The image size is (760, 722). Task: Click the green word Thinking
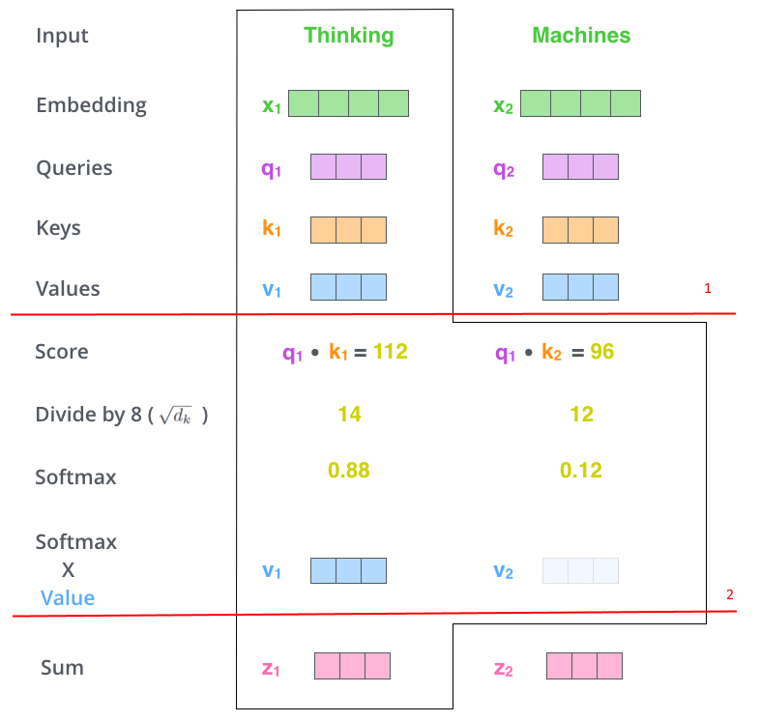click(x=348, y=36)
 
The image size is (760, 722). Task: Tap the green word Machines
click(x=581, y=35)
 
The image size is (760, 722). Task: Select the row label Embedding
click(x=91, y=105)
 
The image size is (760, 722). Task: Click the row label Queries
click(x=74, y=168)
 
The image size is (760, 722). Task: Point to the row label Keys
click(x=58, y=228)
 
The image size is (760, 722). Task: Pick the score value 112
click(x=391, y=351)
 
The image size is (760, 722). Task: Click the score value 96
click(x=602, y=351)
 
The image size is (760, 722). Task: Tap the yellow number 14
click(x=349, y=415)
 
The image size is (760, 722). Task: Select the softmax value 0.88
click(x=348, y=470)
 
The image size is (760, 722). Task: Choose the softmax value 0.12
click(x=581, y=470)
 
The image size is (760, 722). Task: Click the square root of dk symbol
click(x=175, y=416)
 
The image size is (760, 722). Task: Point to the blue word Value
click(x=68, y=598)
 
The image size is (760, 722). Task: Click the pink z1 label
click(x=271, y=669)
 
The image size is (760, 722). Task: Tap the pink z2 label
click(x=503, y=669)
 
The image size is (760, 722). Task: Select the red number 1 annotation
click(x=708, y=288)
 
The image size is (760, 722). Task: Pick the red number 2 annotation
click(x=730, y=594)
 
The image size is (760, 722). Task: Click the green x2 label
click(x=503, y=105)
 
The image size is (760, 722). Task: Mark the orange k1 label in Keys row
click(x=272, y=227)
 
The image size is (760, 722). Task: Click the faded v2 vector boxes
click(x=580, y=570)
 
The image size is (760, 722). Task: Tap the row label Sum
click(x=62, y=668)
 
